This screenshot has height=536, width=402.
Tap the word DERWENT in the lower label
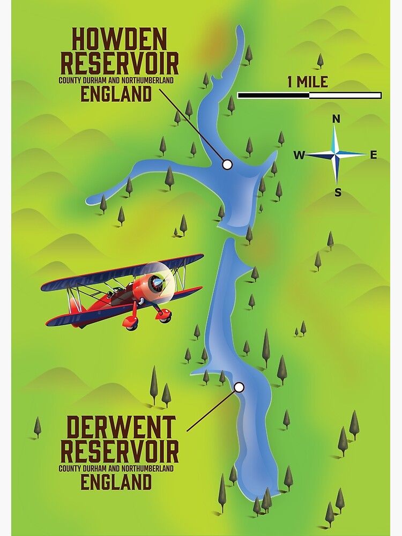[121, 428]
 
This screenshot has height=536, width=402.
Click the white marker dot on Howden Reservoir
[227, 165]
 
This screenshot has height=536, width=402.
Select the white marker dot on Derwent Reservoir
[239, 387]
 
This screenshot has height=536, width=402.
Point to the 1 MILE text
[308, 82]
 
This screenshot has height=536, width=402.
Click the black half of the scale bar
[273, 95]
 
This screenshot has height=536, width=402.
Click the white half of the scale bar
[345, 95]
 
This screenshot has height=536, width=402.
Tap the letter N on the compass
[337, 119]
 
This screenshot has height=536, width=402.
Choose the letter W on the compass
[299, 155]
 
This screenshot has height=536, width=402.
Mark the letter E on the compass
[374, 155]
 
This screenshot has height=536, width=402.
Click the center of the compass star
[336, 155]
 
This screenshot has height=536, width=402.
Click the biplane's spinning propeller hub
[157, 282]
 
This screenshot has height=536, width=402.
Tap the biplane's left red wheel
[130, 322]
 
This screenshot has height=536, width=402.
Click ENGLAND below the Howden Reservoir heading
[116, 94]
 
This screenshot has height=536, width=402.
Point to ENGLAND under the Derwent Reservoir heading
[116, 482]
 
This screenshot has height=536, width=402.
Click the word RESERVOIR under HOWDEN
[119, 64]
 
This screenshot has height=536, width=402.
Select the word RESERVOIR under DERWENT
[119, 452]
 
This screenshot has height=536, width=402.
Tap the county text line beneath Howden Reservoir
[116, 80]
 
